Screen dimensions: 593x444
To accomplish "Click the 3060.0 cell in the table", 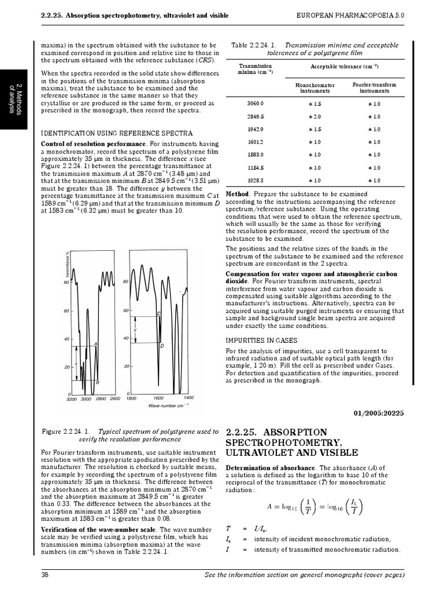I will click(255, 103).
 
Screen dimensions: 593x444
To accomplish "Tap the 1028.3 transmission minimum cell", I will click(255, 181).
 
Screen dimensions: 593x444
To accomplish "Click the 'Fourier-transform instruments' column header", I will click(374, 87).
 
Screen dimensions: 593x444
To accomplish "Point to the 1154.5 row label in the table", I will click(255, 168).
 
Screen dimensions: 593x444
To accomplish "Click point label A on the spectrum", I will click(95, 344).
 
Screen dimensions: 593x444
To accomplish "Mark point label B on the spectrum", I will click(98, 383).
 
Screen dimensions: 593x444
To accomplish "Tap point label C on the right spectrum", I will click(158, 313).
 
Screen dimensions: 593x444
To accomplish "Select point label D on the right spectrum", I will click(162, 346).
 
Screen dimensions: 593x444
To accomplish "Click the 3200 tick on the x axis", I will click(72, 399).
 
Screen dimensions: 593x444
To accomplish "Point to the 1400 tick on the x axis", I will click(188, 398).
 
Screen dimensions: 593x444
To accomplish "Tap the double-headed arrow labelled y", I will click(135, 330).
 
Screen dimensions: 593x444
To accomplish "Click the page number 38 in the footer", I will click(45, 574).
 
